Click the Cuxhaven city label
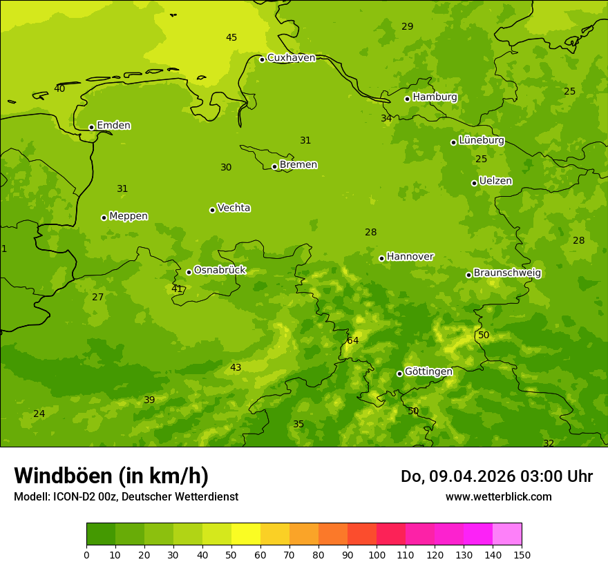[x=291, y=58]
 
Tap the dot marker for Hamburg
[x=408, y=99]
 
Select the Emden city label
[x=113, y=126]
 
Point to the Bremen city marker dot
[x=274, y=166]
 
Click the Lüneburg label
[x=481, y=140]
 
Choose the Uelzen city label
[x=495, y=181]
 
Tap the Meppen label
[x=129, y=216]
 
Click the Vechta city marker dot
[x=212, y=210]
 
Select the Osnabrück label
[x=220, y=271]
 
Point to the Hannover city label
[x=410, y=257]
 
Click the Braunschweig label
[x=507, y=273]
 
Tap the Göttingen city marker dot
[x=399, y=373]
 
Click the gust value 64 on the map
[x=353, y=340]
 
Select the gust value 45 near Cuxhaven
[x=231, y=37]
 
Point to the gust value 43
[x=236, y=368]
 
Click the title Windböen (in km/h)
[x=111, y=476]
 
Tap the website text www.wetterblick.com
[x=498, y=496]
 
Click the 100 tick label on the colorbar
[x=377, y=554]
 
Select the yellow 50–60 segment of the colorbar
[x=246, y=534]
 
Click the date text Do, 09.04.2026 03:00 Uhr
[x=496, y=476]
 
